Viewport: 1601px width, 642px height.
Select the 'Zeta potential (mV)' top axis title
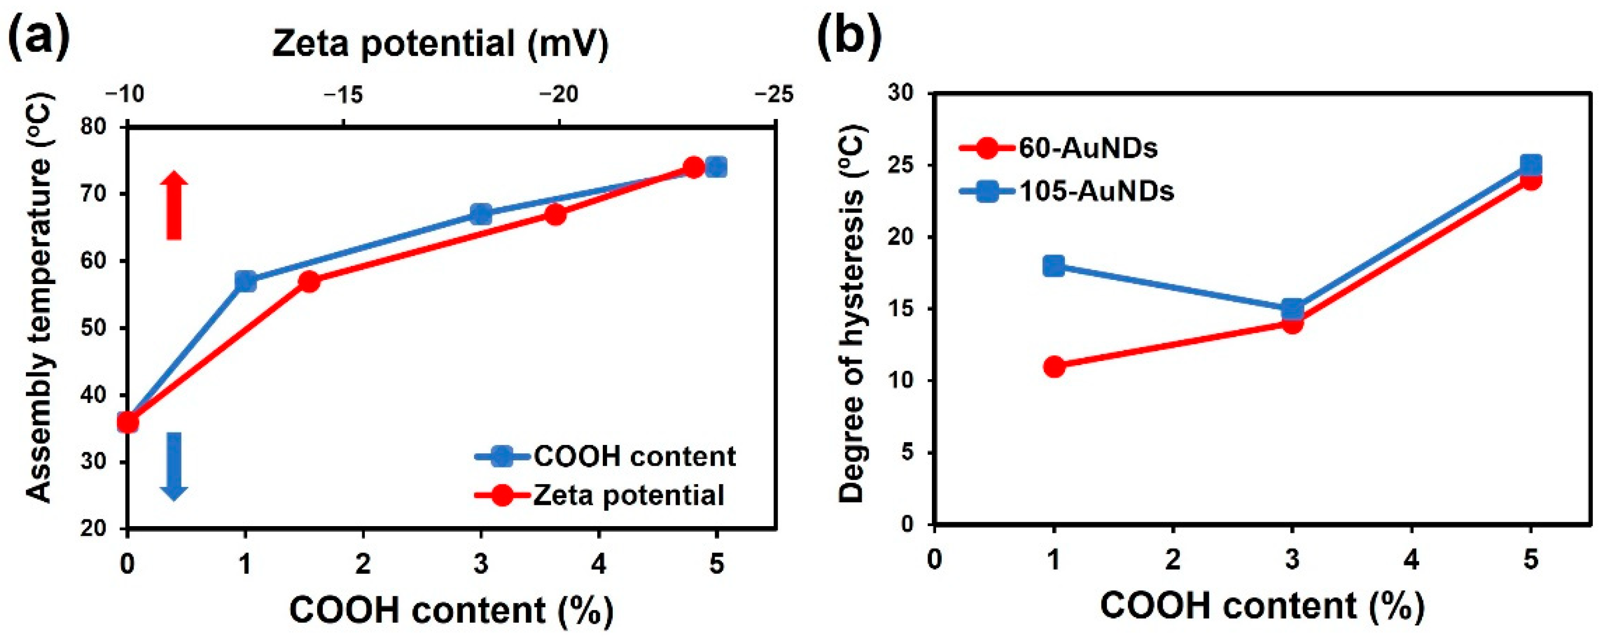(x=440, y=44)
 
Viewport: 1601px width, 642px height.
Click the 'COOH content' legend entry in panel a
(x=634, y=456)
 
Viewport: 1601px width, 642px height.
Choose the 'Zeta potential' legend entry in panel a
(x=628, y=495)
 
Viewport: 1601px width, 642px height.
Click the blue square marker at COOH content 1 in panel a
(x=245, y=281)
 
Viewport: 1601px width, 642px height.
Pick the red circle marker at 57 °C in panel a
(x=309, y=281)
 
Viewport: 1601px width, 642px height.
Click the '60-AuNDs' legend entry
(x=1088, y=148)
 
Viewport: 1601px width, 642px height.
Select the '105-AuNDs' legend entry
(x=1096, y=191)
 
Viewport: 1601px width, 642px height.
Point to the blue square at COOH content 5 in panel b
(x=1530, y=165)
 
